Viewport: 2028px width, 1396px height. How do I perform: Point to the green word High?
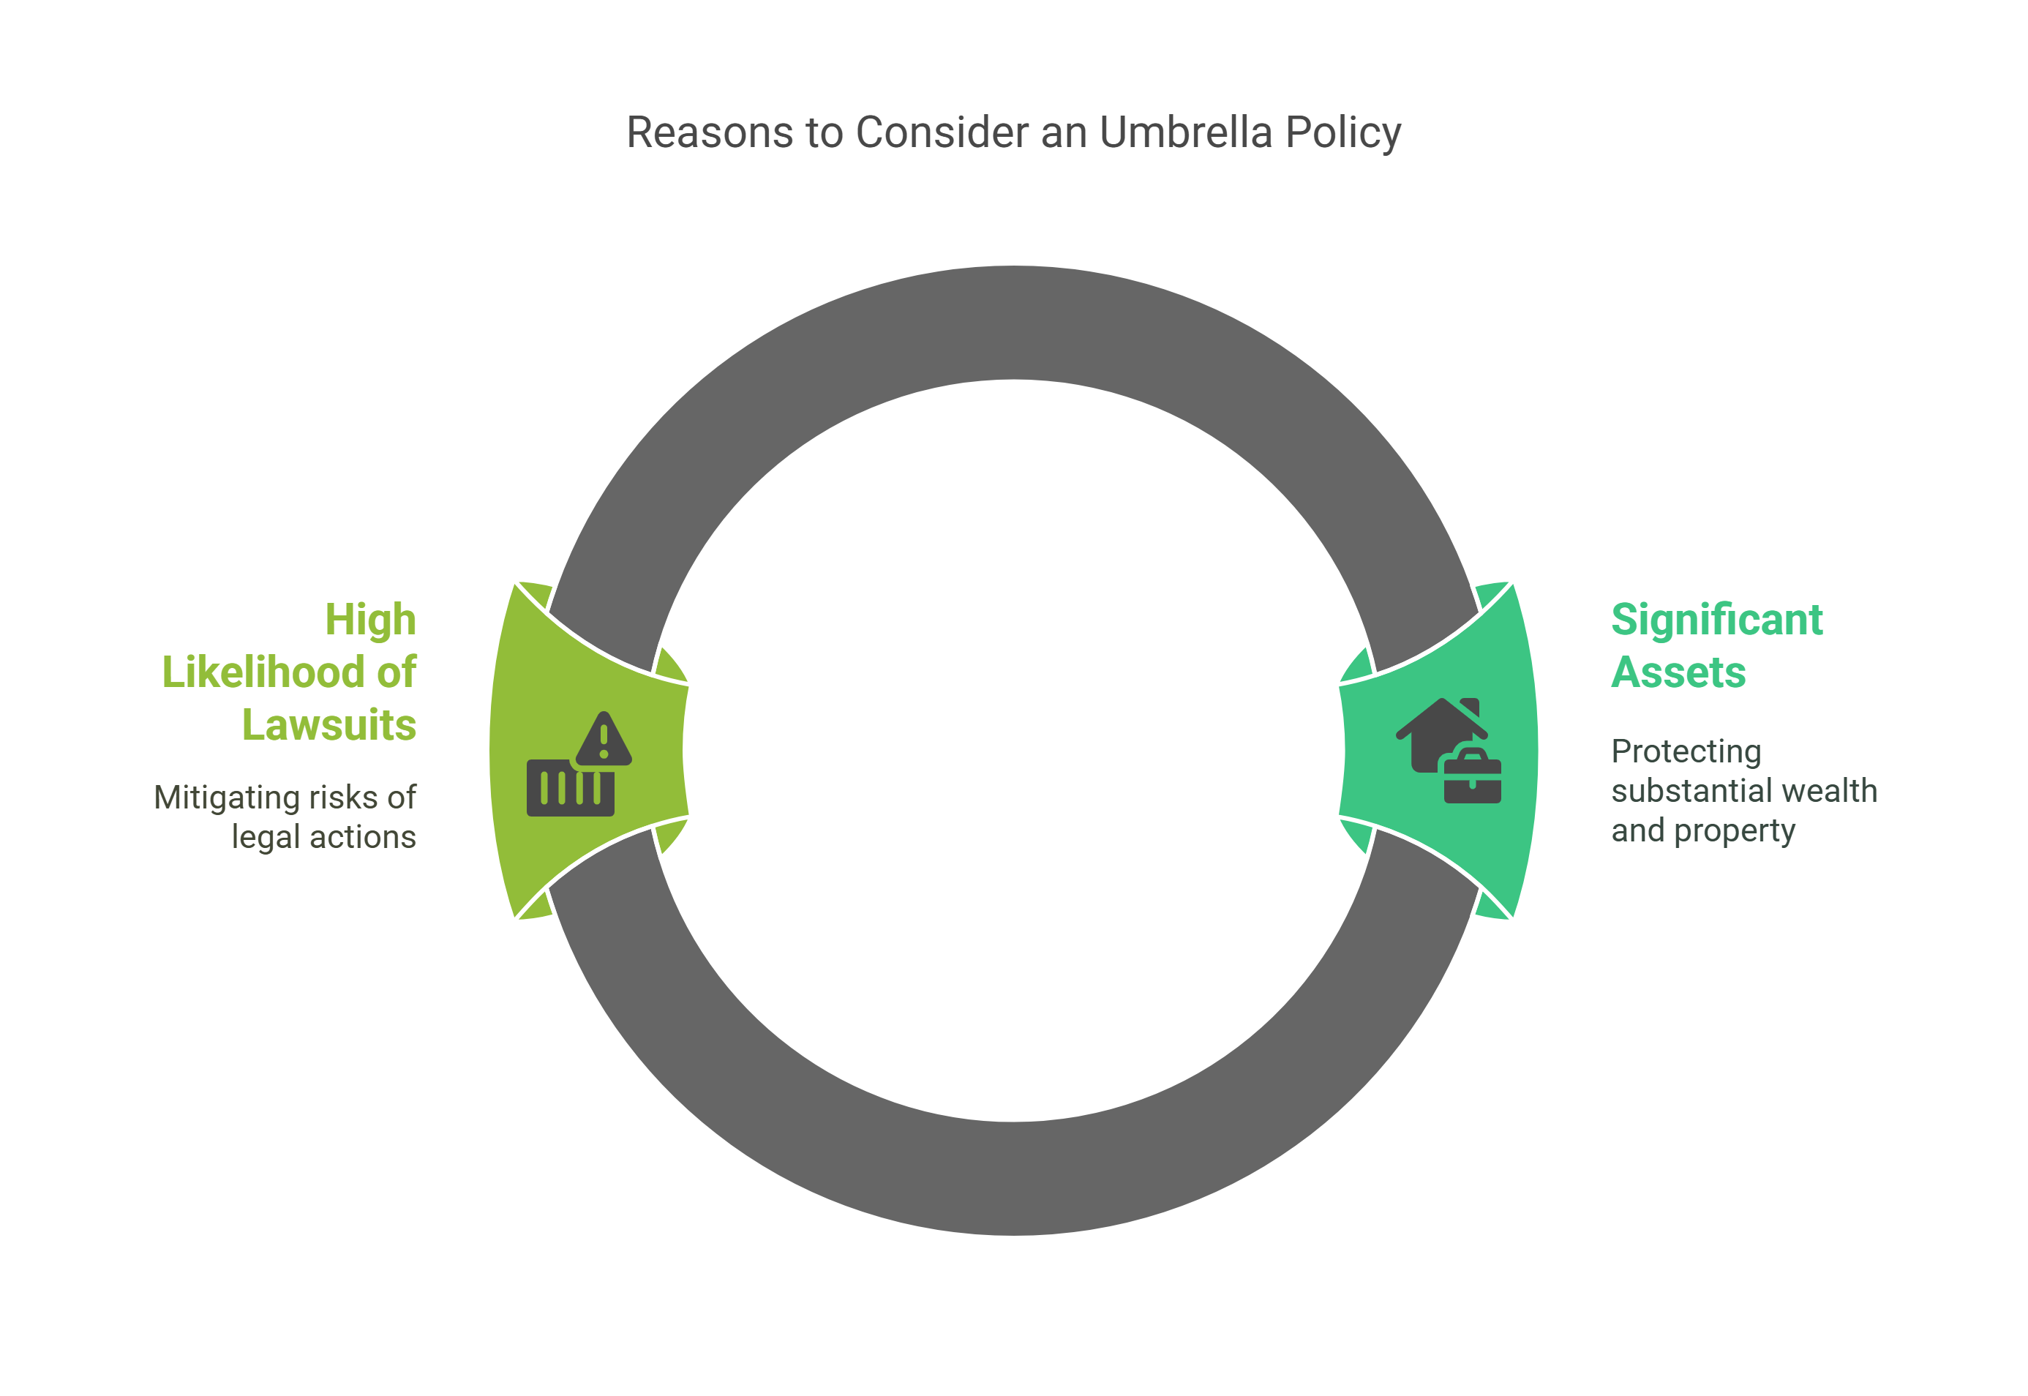coord(370,620)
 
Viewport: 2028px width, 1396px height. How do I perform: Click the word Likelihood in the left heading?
coord(263,672)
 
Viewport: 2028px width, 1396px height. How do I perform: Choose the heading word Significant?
coord(1716,620)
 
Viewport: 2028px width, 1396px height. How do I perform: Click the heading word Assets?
coord(1678,672)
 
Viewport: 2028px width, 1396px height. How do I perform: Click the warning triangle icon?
coord(604,740)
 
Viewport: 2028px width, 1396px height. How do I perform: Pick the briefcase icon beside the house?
coord(1473,778)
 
